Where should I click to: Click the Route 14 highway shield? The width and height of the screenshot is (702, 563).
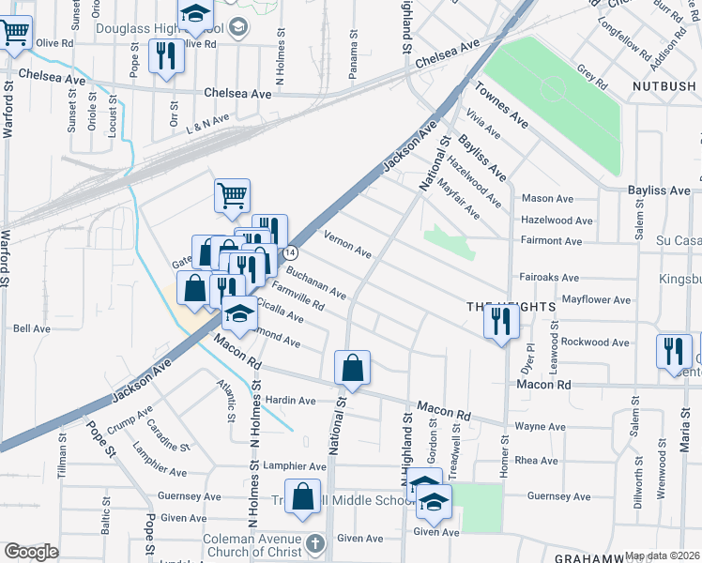tap(291, 252)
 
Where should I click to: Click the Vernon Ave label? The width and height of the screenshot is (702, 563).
tap(348, 246)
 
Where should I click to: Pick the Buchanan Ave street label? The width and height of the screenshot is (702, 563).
tap(315, 282)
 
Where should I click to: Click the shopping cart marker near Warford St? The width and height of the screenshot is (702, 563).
tap(16, 35)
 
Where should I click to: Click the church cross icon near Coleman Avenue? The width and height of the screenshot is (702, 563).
tap(315, 543)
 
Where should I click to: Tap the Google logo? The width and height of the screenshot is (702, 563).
tap(31, 552)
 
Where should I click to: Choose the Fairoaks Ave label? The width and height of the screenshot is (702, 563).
tap(548, 278)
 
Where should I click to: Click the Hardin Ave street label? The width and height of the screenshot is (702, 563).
tap(291, 401)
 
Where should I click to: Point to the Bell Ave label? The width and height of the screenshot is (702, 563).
tap(32, 329)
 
